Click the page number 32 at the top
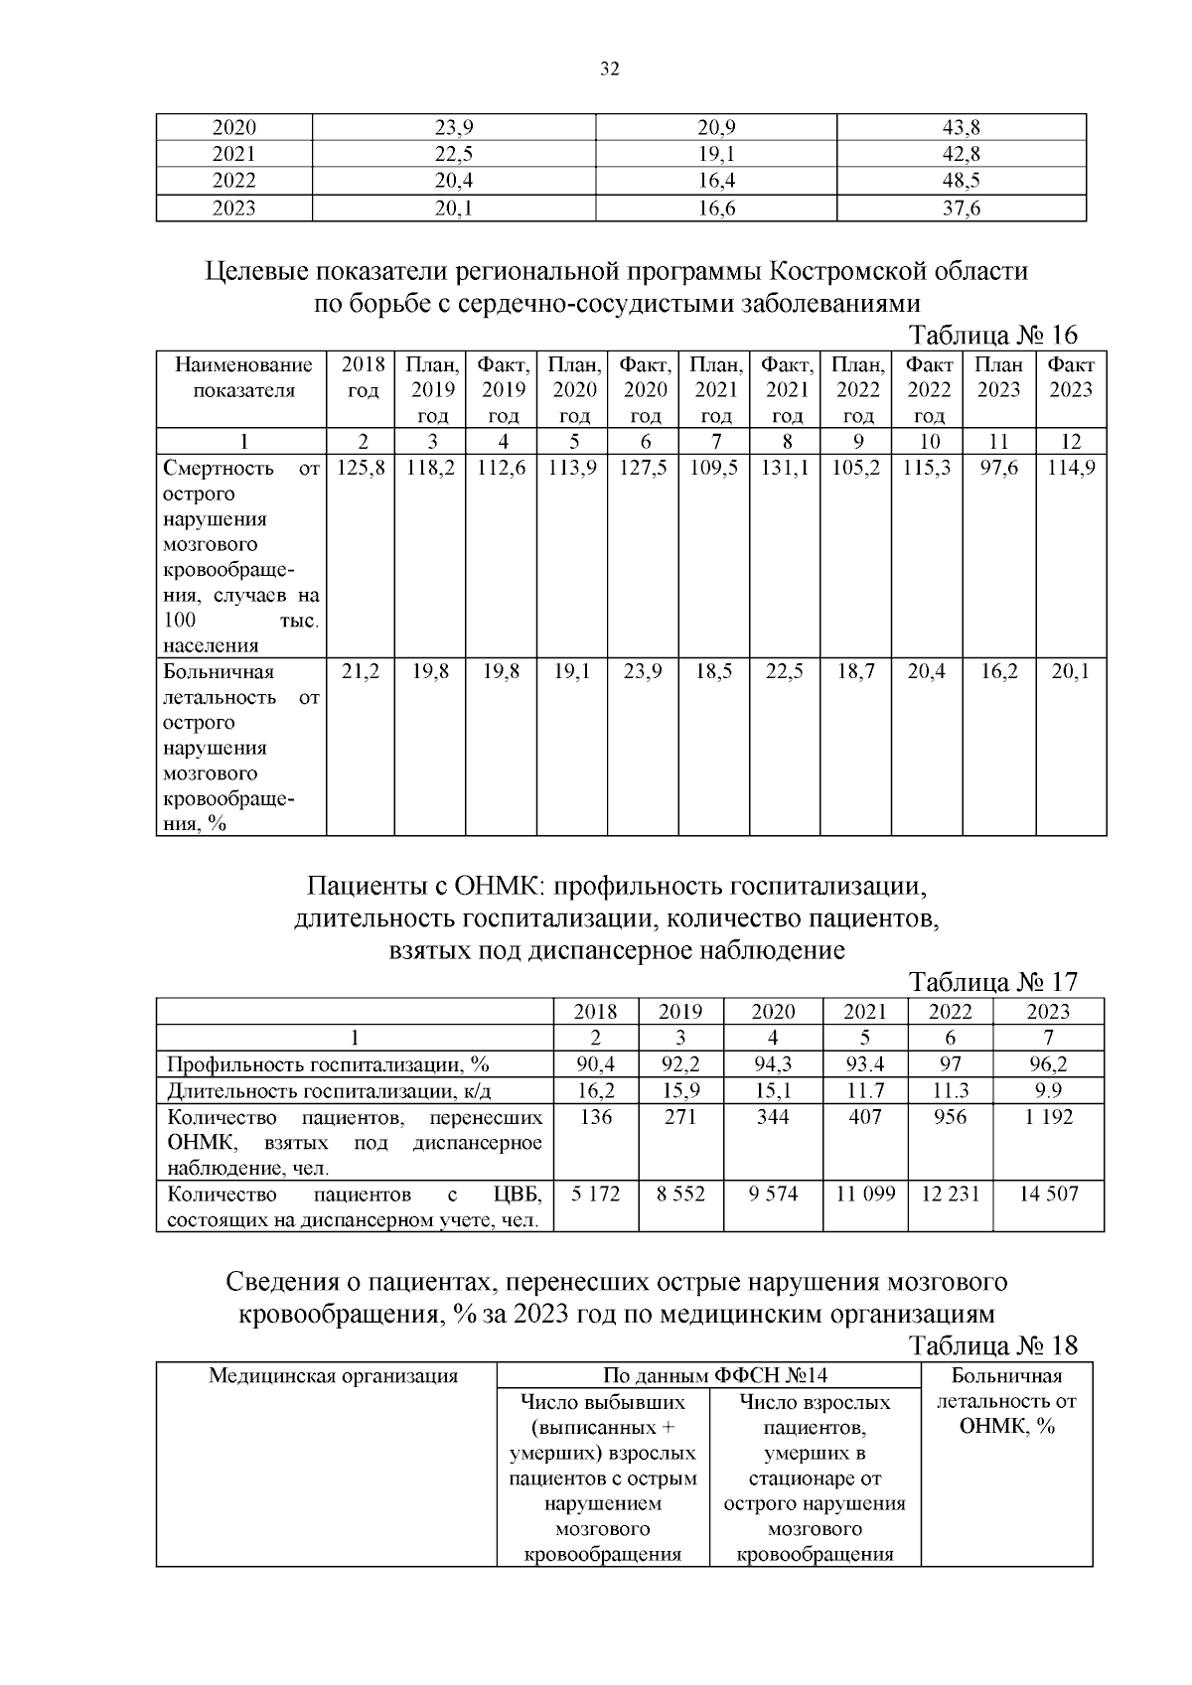609,70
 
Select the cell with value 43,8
961,128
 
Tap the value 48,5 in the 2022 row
961,181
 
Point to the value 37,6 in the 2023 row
961,208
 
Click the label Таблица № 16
992,334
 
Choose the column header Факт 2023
1071,377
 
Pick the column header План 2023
998,377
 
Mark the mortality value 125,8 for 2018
362,468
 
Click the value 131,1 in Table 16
787,468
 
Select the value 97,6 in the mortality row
998,468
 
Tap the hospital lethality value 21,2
362,672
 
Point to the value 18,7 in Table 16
857,672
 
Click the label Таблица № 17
992,982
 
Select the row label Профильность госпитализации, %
329,1064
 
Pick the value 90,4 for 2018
595,1064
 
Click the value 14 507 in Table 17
1048,1194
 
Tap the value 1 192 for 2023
1048,1117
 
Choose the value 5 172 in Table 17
595,1194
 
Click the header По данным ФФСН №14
708,1376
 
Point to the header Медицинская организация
333,1376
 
